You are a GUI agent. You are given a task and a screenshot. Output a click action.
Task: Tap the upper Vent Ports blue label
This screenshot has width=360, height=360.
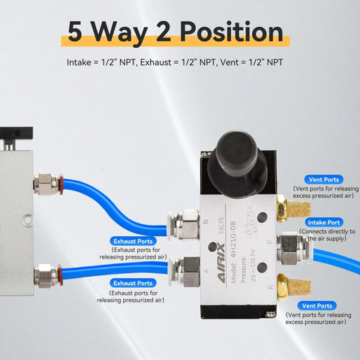(x=323, y=180)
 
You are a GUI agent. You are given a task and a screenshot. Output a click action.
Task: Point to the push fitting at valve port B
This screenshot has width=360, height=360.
(x=184, y=223)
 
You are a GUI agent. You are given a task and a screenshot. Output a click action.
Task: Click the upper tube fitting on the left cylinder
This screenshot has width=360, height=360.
(x=46, y=182)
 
